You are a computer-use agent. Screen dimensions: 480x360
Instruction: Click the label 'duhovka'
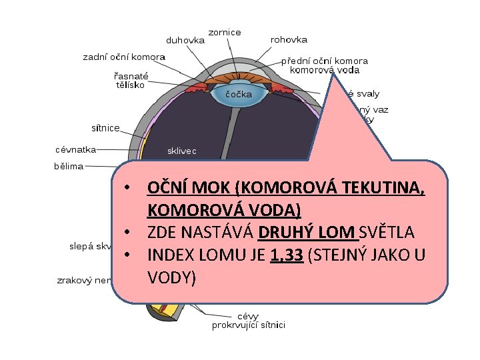[x=185, y=39]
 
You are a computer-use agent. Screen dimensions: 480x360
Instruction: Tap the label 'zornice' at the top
[x=225, y=32]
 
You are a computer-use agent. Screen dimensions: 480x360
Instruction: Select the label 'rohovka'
[x=289, y=39]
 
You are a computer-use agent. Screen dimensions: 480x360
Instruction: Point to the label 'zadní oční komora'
[x=124, y=57]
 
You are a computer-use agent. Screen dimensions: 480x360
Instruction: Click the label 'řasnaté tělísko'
[x=130, y=81]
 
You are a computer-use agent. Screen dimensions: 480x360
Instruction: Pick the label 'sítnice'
[x=105, y=127]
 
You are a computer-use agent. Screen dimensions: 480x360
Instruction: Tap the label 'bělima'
[x=69, y=166]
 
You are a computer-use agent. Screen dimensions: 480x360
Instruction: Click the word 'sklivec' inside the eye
[x=181, y=151]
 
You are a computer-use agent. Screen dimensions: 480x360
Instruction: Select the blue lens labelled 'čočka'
[x=238, y=94]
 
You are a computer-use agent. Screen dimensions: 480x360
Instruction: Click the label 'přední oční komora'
[x=324, y=60]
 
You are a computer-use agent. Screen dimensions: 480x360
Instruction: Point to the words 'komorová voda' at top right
[x=325, y=69]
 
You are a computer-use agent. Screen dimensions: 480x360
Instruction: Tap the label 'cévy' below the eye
[x=249, y=316]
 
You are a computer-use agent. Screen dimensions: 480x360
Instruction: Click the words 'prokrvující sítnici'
[x=249, y=325]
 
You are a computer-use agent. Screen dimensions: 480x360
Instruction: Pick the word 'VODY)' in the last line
[x=171, y=277]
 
